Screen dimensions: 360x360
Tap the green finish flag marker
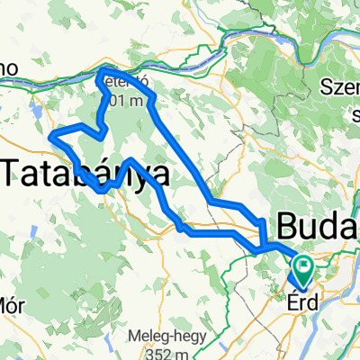click(x=301, y=265)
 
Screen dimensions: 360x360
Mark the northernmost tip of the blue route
click(x=104, y=68)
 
